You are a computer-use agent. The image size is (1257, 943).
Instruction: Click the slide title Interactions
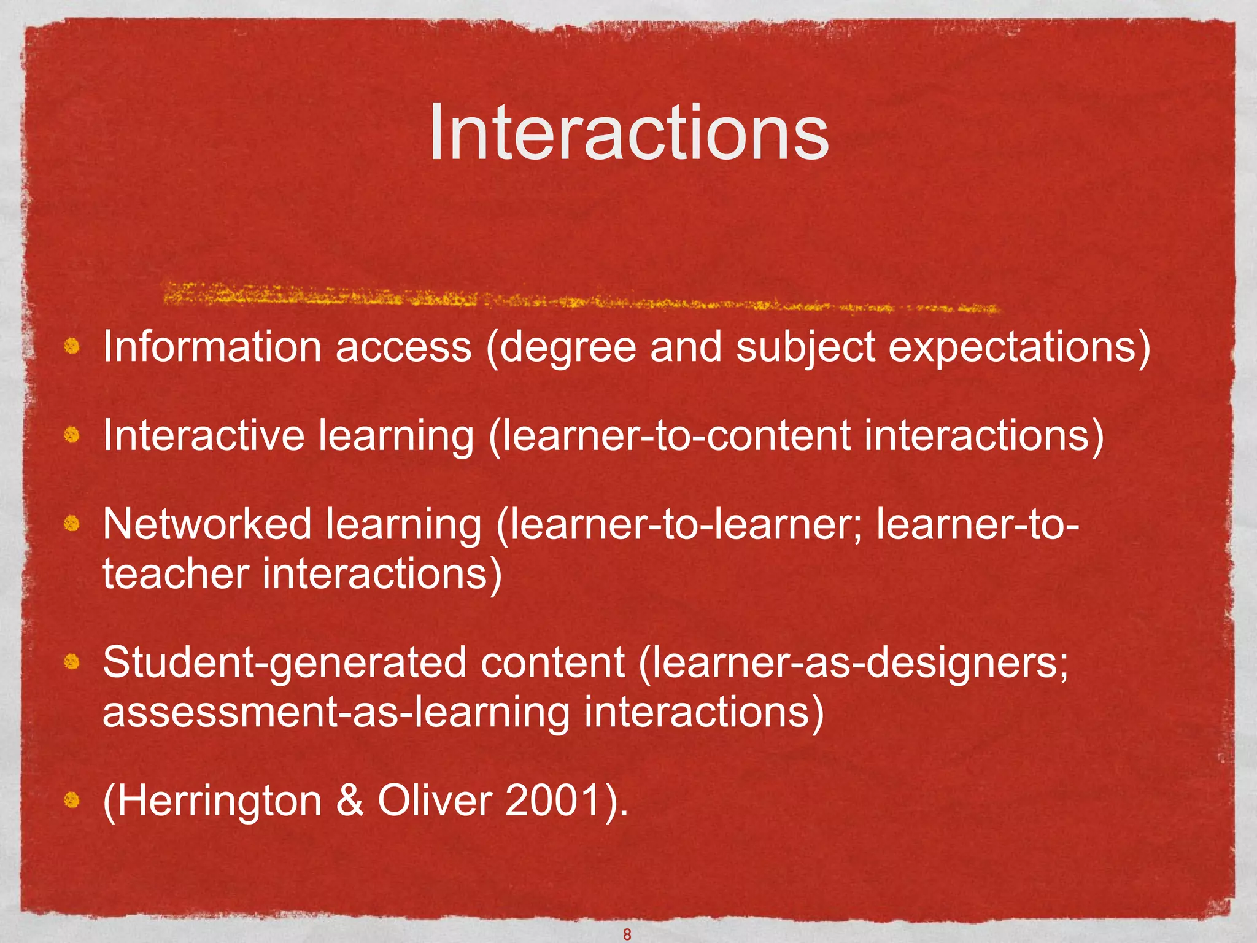[628, 132]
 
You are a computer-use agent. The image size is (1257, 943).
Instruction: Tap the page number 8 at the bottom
[627, 934]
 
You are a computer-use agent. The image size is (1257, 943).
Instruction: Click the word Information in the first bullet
[212, 347]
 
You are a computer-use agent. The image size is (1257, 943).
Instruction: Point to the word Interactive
[203, 435]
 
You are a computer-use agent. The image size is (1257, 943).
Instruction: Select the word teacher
[176, 574]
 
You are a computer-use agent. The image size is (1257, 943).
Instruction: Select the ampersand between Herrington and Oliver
[349, 801]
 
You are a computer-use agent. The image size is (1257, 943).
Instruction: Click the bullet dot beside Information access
[72, 347]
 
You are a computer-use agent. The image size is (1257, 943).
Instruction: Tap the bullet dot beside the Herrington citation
[72, 800]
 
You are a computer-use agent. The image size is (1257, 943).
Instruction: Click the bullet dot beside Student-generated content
[72, 662]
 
